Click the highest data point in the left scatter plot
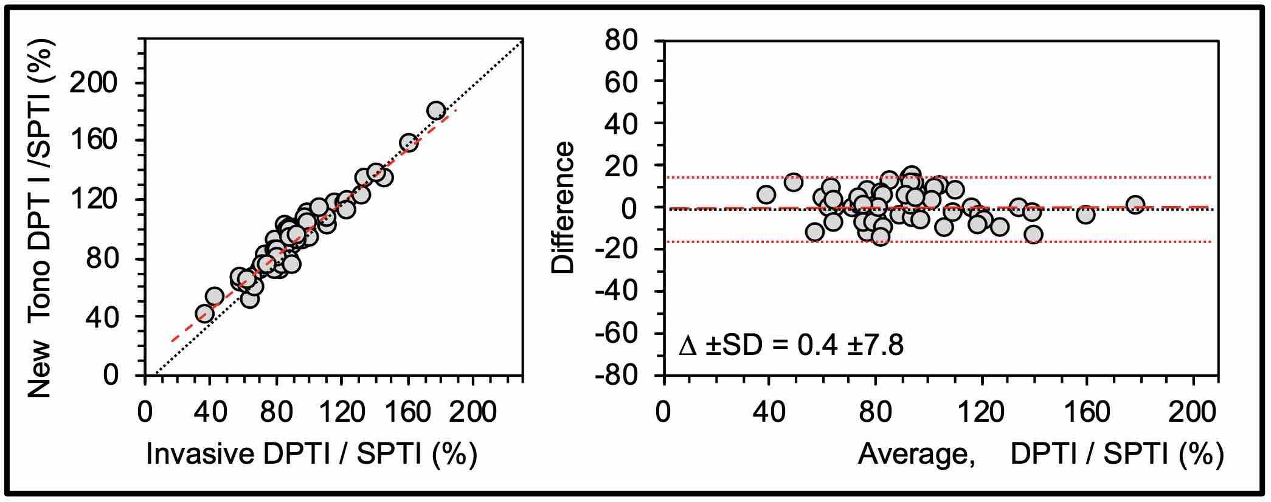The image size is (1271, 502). point(436,111)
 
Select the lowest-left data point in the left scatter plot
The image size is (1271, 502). point(205,314)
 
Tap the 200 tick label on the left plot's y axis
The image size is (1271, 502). point(97,83)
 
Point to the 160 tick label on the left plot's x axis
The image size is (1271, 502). point(407,413)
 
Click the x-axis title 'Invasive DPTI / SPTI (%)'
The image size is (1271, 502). point(311,454)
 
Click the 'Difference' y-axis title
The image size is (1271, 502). point(563,207)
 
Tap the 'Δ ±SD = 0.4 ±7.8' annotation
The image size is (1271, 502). point(791,346)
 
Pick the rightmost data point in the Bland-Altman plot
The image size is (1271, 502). point(1135,205)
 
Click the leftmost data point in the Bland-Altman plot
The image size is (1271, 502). point(766,194)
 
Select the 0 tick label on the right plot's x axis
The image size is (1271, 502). point(663,413)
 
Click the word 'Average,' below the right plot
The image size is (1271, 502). point(916,454)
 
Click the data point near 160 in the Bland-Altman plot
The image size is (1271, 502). point(1086,214)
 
